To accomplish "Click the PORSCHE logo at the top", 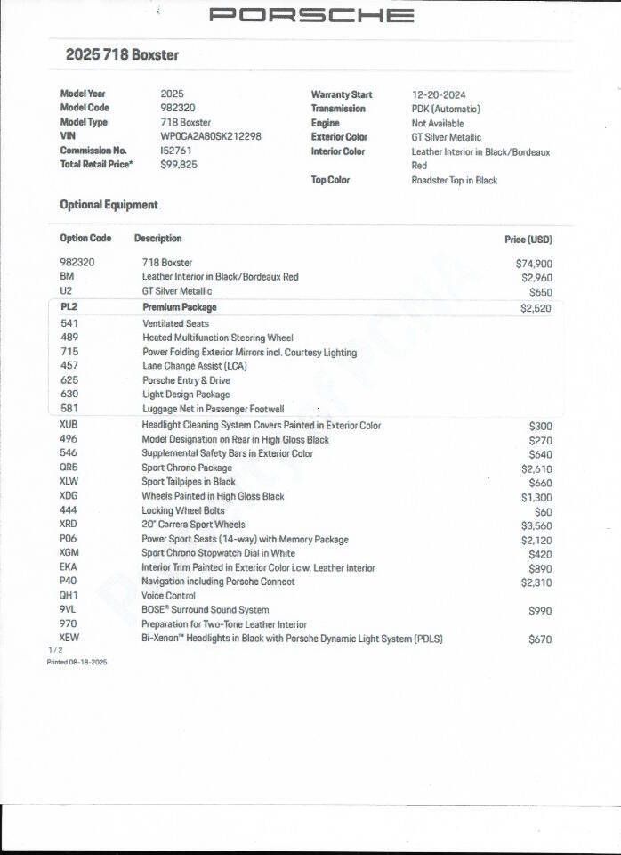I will [311, 15].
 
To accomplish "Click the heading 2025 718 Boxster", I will [122, 54].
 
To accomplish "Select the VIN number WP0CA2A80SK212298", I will [211, 137].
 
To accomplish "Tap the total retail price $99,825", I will [179, 165].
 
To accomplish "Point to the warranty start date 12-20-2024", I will [439, 94].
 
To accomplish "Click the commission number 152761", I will [176, 151].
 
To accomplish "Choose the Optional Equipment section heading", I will [109, 205].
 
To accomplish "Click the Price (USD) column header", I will [528, 240].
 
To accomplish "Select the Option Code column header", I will [85, 239].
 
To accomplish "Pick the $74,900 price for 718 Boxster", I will [534, 264].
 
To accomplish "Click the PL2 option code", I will [69, 307].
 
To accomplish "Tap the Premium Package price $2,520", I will [536, 308].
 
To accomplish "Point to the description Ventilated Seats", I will [175, 324].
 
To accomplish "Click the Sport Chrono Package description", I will [187, 468].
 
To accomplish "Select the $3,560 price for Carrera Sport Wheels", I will [536, 525].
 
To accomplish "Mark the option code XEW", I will [69, 639].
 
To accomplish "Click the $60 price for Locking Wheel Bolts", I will [543, 512].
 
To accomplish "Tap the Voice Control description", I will [168, 596].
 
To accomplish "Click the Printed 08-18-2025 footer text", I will [77, 663].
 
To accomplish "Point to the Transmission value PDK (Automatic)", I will [445, 109].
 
